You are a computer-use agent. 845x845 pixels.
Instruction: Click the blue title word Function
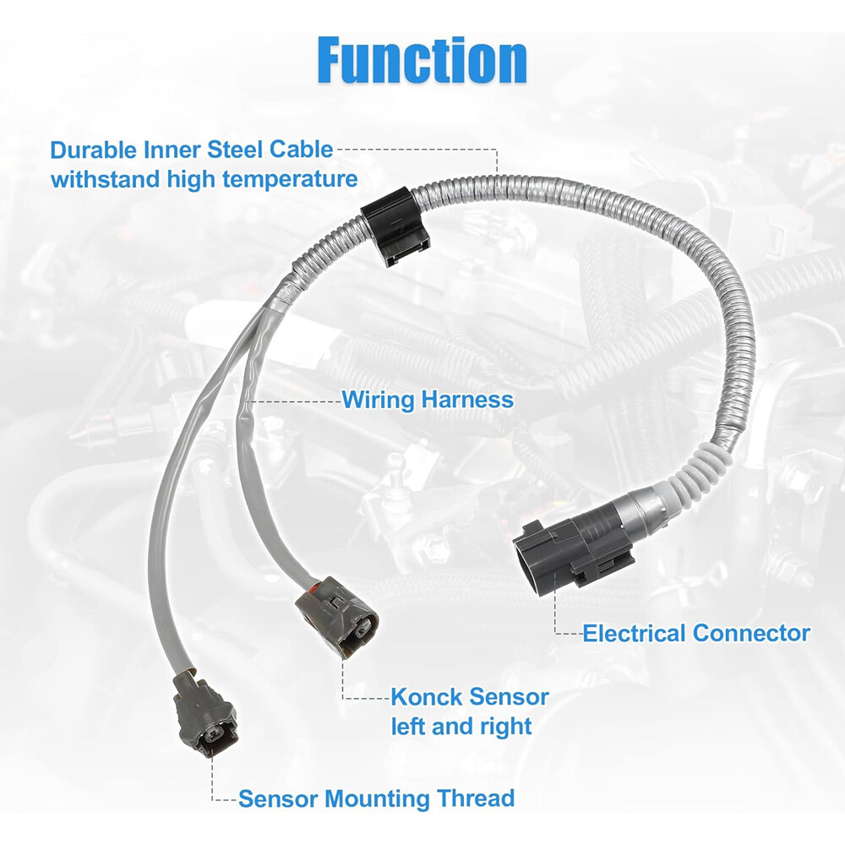[422, 60]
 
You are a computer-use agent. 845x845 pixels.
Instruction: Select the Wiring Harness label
[427, 399]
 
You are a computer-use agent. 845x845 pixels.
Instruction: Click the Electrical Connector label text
[696, 633]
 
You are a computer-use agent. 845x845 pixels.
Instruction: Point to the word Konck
[426, 697]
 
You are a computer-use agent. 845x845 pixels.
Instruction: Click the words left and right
[461, 726]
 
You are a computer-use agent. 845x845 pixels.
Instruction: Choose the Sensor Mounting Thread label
[377, 798]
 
